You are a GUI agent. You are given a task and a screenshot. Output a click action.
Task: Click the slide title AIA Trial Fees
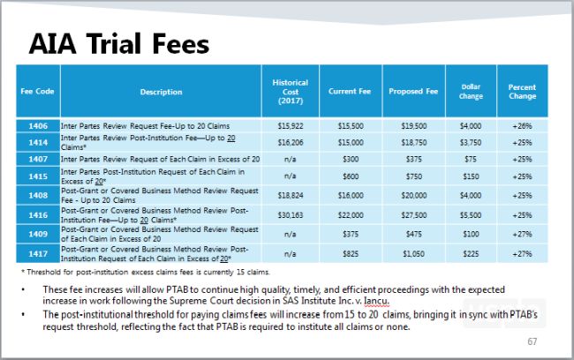coord(118,44)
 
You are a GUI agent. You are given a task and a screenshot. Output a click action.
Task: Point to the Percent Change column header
coord(521,92)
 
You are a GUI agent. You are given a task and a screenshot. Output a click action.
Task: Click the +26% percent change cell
coord(521,127)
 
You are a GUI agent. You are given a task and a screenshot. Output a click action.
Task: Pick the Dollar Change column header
coord(471,92)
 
